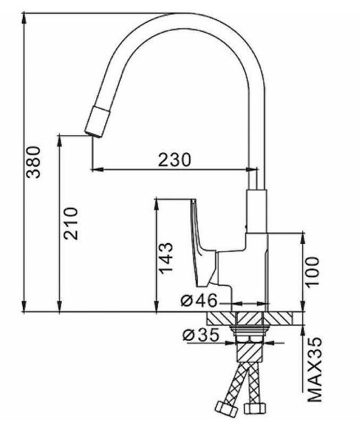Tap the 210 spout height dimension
pyautogui.click(x=71, y=224)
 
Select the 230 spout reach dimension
pyautogui.click(x=174, y=160)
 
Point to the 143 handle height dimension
pyautogui.click(x=165, y=258)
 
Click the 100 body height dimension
pyautogui.click(x=312, y=271)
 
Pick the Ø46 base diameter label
pyautogui.click(x=199, y=300)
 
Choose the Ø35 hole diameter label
pyautogui.click(x=201, y=335)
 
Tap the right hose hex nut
pyautogui.click(x=255, y=409)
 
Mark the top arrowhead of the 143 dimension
pyautogui.click(x=156, y=205)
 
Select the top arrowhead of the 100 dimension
pyautogui.click(x=303, y=239)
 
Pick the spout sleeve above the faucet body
pyautogui.click(x=257, y=211)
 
